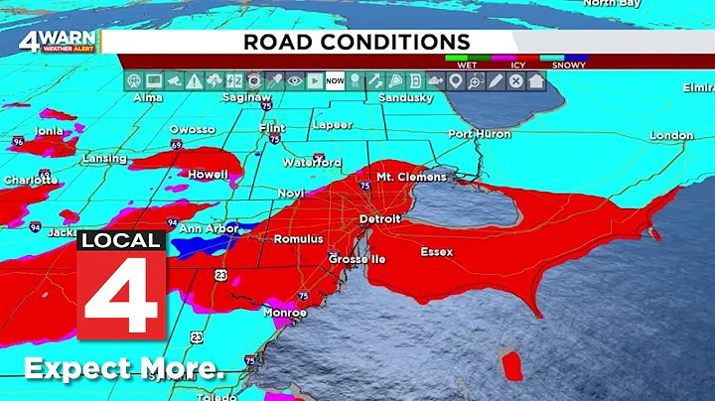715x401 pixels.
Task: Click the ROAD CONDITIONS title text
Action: [x=357, y=41]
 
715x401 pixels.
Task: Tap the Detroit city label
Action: [x=379, y=218]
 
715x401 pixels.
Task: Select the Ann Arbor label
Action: [x=209, y=229]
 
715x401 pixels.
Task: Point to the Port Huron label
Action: [x=479, y=134]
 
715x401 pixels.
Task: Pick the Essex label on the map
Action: [x=436, y=252]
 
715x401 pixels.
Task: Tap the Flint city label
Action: [x=271, y=128]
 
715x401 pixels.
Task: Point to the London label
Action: [x=671, y=135]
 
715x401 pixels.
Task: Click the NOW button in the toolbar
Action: [x=335, y=81]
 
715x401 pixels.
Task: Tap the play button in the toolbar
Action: [x=314, y=81]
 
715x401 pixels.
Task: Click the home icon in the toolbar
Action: [x=536, y=81]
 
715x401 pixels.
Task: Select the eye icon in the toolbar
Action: [x=294, y=81]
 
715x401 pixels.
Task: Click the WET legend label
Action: [x=466, y=66]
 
